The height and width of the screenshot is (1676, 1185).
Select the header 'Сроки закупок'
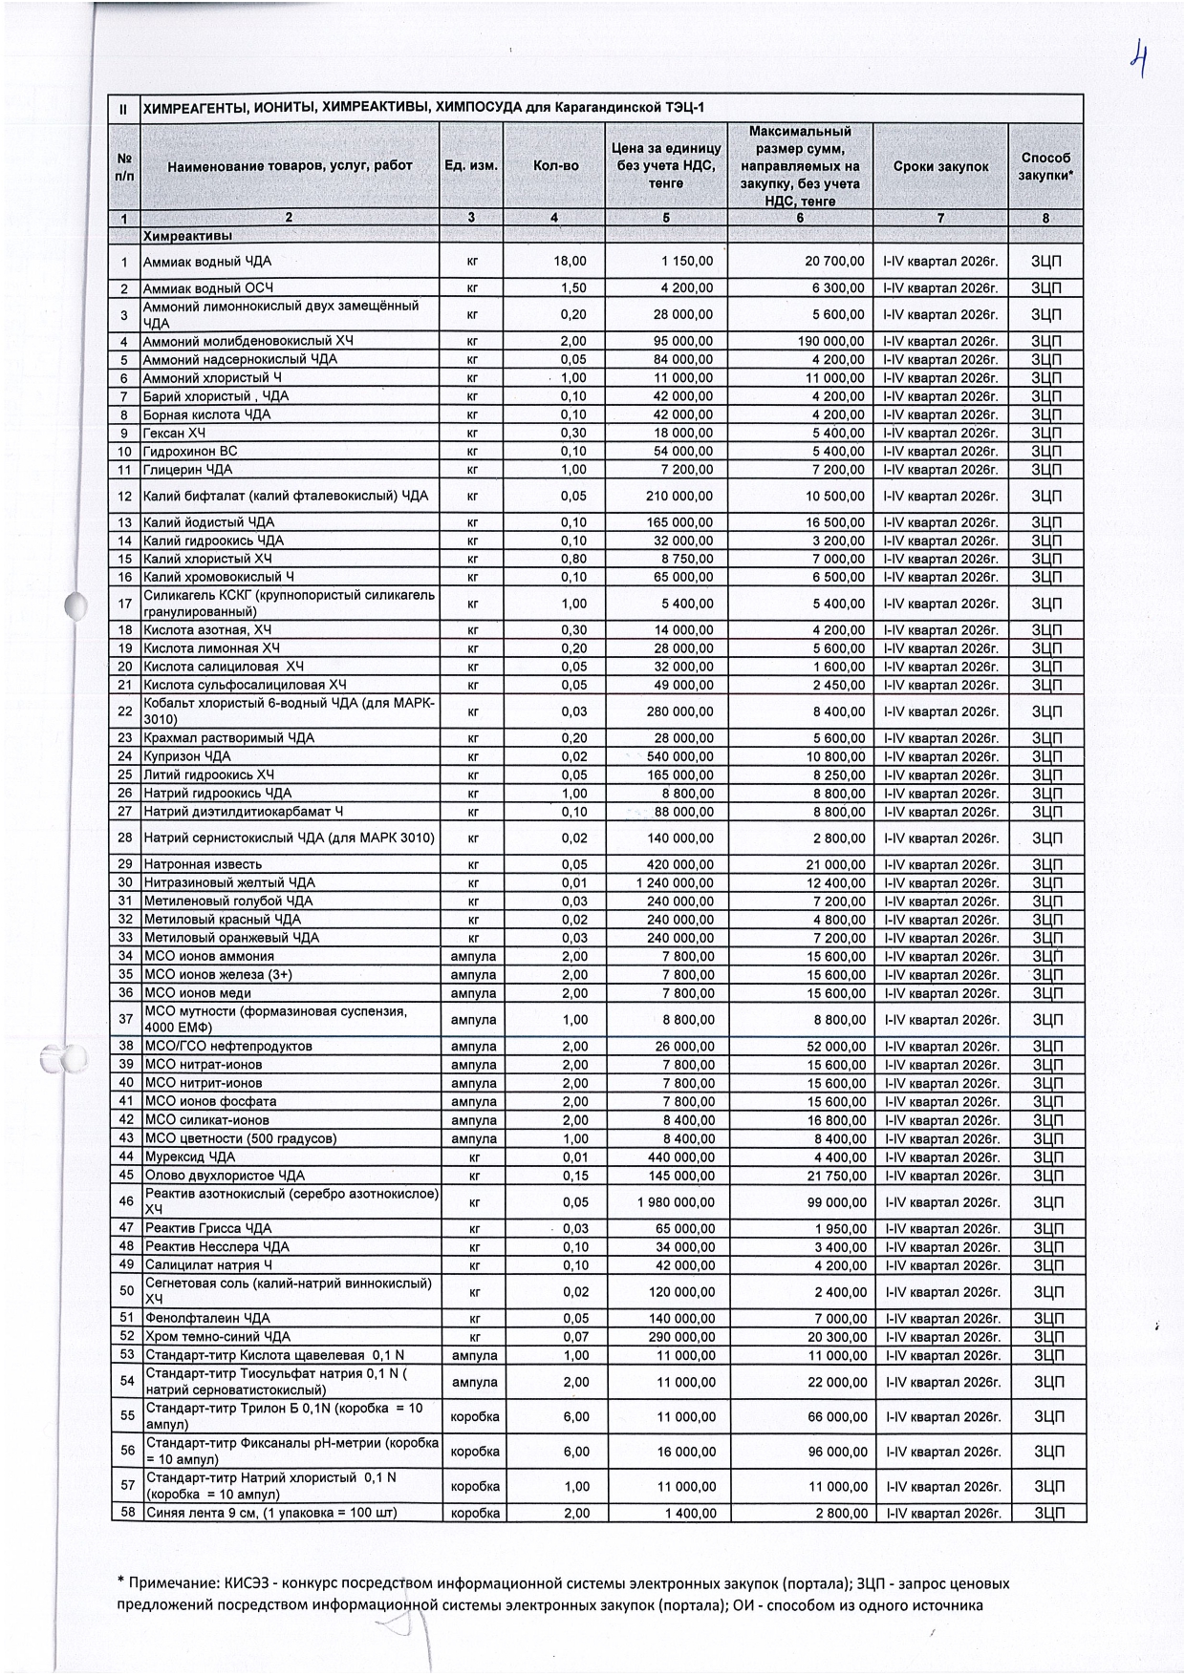click(x=940, y=166)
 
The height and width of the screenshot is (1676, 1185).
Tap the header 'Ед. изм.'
click(x=471, y=166)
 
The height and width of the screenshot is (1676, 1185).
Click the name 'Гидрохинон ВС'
click(x=190, y=451)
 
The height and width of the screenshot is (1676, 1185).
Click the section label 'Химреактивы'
click(x=188, y=235)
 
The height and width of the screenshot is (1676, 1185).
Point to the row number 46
click(x=125, y=1202)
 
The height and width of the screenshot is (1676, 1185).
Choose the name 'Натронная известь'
click(x=202, y=864)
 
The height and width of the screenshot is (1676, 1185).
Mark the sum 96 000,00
click(x=838, y=1452)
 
